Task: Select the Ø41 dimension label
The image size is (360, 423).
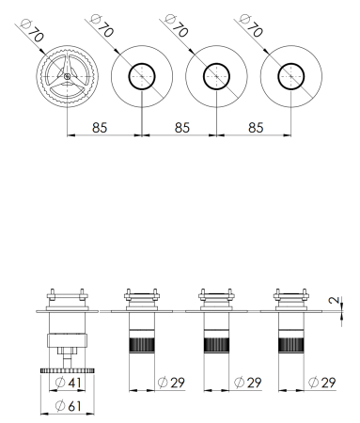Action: [69, 384]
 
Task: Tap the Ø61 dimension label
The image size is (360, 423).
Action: [69, 405]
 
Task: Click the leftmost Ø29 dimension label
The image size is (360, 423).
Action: [174, 384]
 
